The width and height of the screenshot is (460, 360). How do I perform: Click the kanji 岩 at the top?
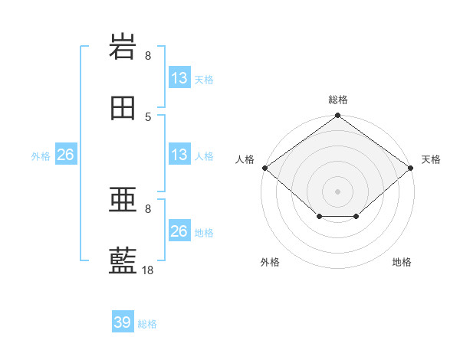pos(123,46)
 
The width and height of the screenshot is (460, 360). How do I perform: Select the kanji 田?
pos(123,108)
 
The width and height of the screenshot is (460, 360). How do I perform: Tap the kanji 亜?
pos(123,199)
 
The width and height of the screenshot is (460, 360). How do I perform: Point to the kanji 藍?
pos(123,260)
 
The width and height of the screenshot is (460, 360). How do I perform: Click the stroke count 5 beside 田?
pos(148,117)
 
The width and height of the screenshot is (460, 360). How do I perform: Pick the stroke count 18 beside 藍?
pos(147,270)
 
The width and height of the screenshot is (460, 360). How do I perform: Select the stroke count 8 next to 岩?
pos(148,56)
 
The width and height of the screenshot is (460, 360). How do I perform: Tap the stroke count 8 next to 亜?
pos(148,209)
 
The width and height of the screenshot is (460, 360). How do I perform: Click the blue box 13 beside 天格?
pos(179,77)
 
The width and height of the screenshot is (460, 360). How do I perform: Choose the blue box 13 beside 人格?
pos(179,154)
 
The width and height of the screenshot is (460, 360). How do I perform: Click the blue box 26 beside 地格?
pos(179,230)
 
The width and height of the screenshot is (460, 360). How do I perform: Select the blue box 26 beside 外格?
pos(66,154)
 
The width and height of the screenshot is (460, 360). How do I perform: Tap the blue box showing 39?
pos(123,321)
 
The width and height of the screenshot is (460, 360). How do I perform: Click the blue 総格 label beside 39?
pos(147,324)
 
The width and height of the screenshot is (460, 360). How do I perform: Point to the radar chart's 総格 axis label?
pos(338,100)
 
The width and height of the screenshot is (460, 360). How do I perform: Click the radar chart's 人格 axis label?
pos(245,159)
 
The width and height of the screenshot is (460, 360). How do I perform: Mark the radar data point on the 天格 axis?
pos(410,168)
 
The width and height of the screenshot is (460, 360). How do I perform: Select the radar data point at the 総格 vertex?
pos(337,115)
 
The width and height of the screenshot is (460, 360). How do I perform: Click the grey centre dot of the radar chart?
pos(337,191)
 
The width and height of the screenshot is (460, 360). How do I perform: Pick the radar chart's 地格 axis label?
pos(402,262)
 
